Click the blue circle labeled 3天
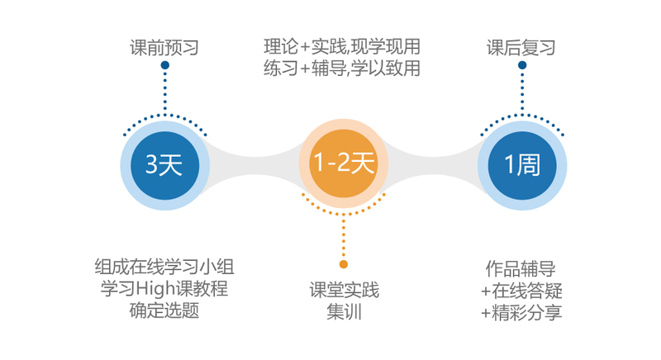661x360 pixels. [x=164, y=165]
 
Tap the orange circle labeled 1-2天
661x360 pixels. [x=344, y=163]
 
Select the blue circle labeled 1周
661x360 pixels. [x=522, y=165]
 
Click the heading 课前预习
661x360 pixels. [x=164, y=48]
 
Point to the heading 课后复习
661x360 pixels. [x=521, y=48]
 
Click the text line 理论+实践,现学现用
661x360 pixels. [x=342, y=47]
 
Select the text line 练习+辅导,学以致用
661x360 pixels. [x=342, y=69]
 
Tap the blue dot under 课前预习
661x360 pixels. [x=164, y=65]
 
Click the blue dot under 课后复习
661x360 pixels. [x=522, y=65]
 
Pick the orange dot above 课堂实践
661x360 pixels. [x=344, y=264]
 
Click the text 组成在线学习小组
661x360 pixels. [x=164, y=267]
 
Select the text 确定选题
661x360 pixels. [x=164, y=310]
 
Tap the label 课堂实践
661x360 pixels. [x=344, y=290]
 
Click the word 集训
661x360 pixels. [x=344, y=312]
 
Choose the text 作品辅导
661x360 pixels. [x=521, y=268]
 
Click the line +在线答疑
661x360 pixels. [x=521, y=291]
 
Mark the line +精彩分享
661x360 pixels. [x=521, y=313]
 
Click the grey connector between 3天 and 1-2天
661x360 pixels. [x=254, y=165]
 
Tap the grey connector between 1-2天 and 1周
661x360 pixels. [x=433, y=165]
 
